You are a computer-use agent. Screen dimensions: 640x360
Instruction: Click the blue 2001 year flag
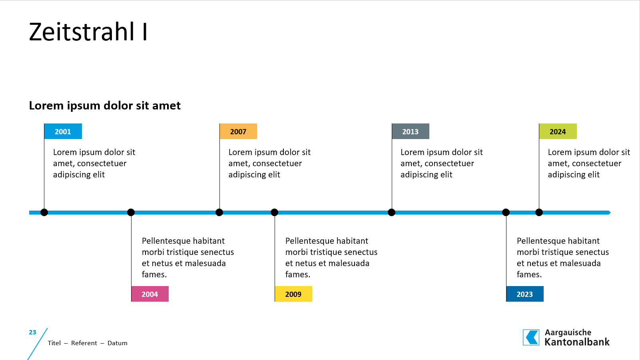[63, 131]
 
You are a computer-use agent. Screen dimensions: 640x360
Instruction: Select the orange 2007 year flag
[238, 131]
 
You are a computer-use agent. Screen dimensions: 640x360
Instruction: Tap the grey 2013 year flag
[411, 131]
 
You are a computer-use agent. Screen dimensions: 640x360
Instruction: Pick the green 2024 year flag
[558, 131]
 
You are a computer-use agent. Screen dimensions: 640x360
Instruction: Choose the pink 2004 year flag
[150, 294]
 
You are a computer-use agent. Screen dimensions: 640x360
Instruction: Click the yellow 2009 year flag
[293, 294]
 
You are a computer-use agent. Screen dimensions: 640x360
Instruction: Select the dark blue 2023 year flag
[525, 294]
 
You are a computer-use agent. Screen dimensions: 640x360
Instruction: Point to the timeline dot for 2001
[44, 213]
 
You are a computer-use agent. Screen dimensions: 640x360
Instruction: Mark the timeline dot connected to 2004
[131, 213]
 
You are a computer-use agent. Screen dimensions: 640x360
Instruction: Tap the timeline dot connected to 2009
[274, 213]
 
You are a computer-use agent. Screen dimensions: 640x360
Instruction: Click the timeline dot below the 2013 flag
[392, 213]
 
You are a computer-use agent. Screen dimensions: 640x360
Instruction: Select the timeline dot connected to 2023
[506, 213]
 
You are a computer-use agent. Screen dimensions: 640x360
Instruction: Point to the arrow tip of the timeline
[610, 213]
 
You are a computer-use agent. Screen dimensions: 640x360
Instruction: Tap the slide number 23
[32, 332]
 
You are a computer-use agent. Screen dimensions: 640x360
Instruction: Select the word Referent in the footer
[84, 343]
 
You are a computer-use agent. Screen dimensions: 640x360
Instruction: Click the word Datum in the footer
[118, 343]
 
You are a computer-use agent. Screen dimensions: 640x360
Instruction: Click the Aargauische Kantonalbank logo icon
[531, 338]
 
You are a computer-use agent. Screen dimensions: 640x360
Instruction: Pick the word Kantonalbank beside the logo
[577, 342]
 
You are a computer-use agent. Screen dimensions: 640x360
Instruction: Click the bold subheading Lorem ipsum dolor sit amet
[105, 105]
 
